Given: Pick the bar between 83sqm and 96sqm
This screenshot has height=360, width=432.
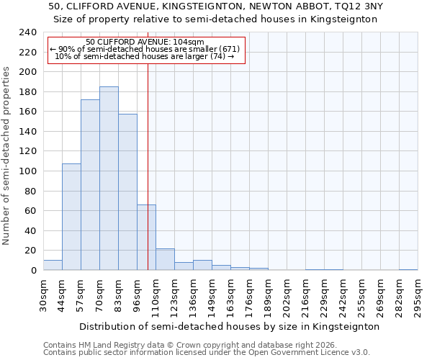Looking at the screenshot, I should coord(127,192).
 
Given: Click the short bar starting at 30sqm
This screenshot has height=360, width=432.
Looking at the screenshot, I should coord(53,265).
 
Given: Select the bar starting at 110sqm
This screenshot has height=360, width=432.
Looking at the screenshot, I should coord(165,259).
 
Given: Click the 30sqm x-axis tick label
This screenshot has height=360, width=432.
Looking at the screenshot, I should coord(44,296).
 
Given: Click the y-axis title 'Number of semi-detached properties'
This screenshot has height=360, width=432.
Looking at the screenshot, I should coord(6,156).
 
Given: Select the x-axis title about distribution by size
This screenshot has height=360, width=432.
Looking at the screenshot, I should coord(229,326).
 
